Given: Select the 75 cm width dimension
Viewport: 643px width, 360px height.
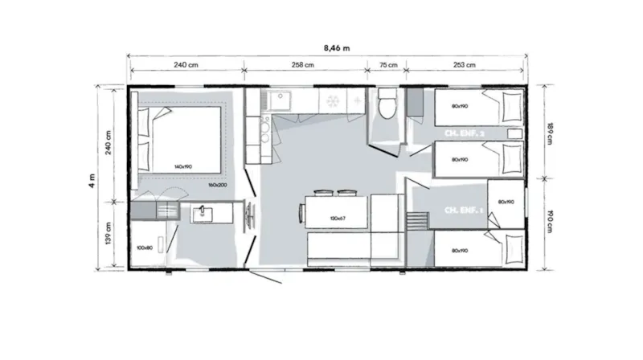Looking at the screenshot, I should point(387,66).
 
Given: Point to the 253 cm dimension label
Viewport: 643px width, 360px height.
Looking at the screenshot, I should point(465,66).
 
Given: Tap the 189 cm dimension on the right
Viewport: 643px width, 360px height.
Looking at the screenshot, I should point(550,131).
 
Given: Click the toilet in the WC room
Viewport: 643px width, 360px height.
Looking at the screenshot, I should point(387,104).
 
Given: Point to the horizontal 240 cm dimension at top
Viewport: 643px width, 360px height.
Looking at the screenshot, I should point(186,66).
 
